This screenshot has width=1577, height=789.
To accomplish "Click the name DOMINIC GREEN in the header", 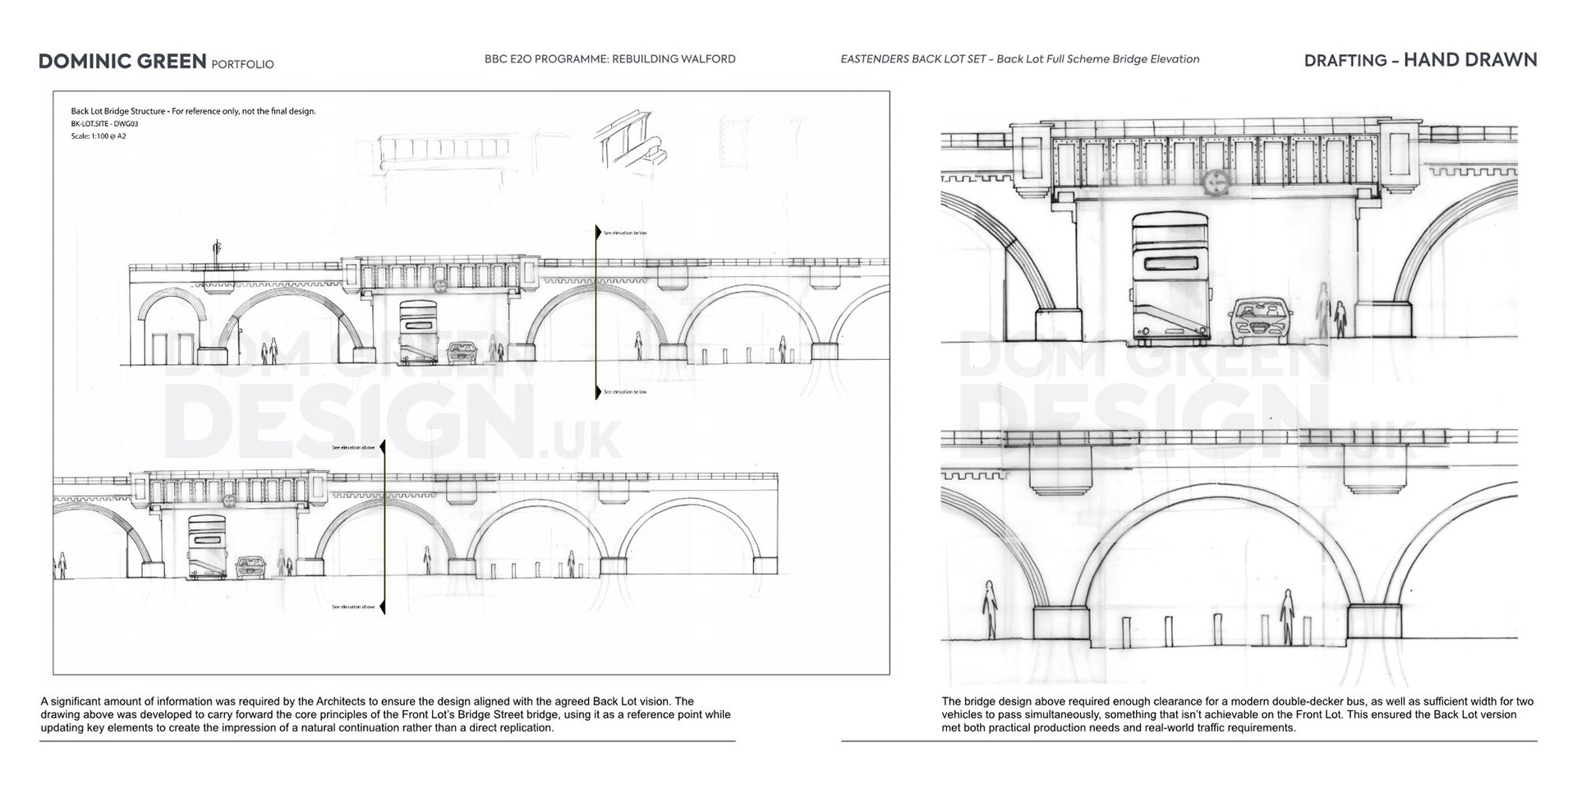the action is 122,62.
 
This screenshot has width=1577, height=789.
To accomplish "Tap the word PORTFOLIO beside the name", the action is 242,64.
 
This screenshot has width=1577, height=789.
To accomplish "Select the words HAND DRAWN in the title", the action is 1470,60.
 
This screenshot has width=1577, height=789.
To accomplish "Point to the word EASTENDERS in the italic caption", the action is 874,59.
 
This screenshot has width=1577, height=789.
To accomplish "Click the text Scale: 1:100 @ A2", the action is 99,136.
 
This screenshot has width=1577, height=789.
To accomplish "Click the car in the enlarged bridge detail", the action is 1260,318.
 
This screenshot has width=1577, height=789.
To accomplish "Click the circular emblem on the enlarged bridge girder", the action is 1214,182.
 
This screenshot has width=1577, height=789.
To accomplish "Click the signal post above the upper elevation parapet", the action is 218,251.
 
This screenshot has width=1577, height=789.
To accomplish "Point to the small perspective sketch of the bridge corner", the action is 631,140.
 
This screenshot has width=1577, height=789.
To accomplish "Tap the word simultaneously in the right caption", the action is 1048,715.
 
